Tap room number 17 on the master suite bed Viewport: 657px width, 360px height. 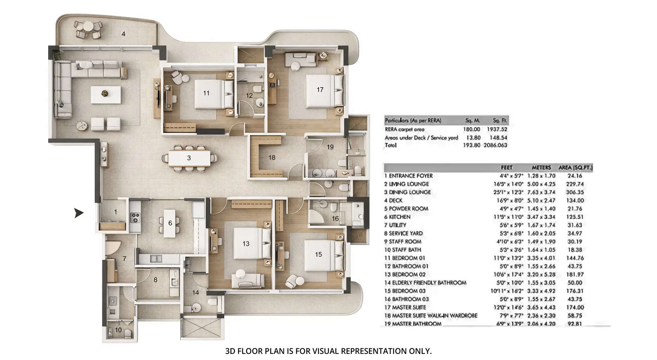click(x=320, y=90)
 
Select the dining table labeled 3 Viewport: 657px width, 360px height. click(x=189, y=158)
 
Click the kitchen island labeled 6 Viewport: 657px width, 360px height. click(x=170, y=223)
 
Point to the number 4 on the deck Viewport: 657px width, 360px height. click(x=123, y=34)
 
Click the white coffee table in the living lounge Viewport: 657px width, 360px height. click(x=105, y=95)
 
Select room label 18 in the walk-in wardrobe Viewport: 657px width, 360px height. click(x=272, y=157)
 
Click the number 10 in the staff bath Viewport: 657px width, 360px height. click(x=118, y=330)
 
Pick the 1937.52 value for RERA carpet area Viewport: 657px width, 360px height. click(x=497, y=129)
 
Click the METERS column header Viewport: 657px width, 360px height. click(x=541, y=168)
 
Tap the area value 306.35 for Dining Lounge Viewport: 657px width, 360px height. click(x=574, y=192)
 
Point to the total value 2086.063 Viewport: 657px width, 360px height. click(x=495, y=145)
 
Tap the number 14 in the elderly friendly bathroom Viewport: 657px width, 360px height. click(x=195, y=292)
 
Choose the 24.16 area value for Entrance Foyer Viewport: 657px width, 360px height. click(x=574, y=176)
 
